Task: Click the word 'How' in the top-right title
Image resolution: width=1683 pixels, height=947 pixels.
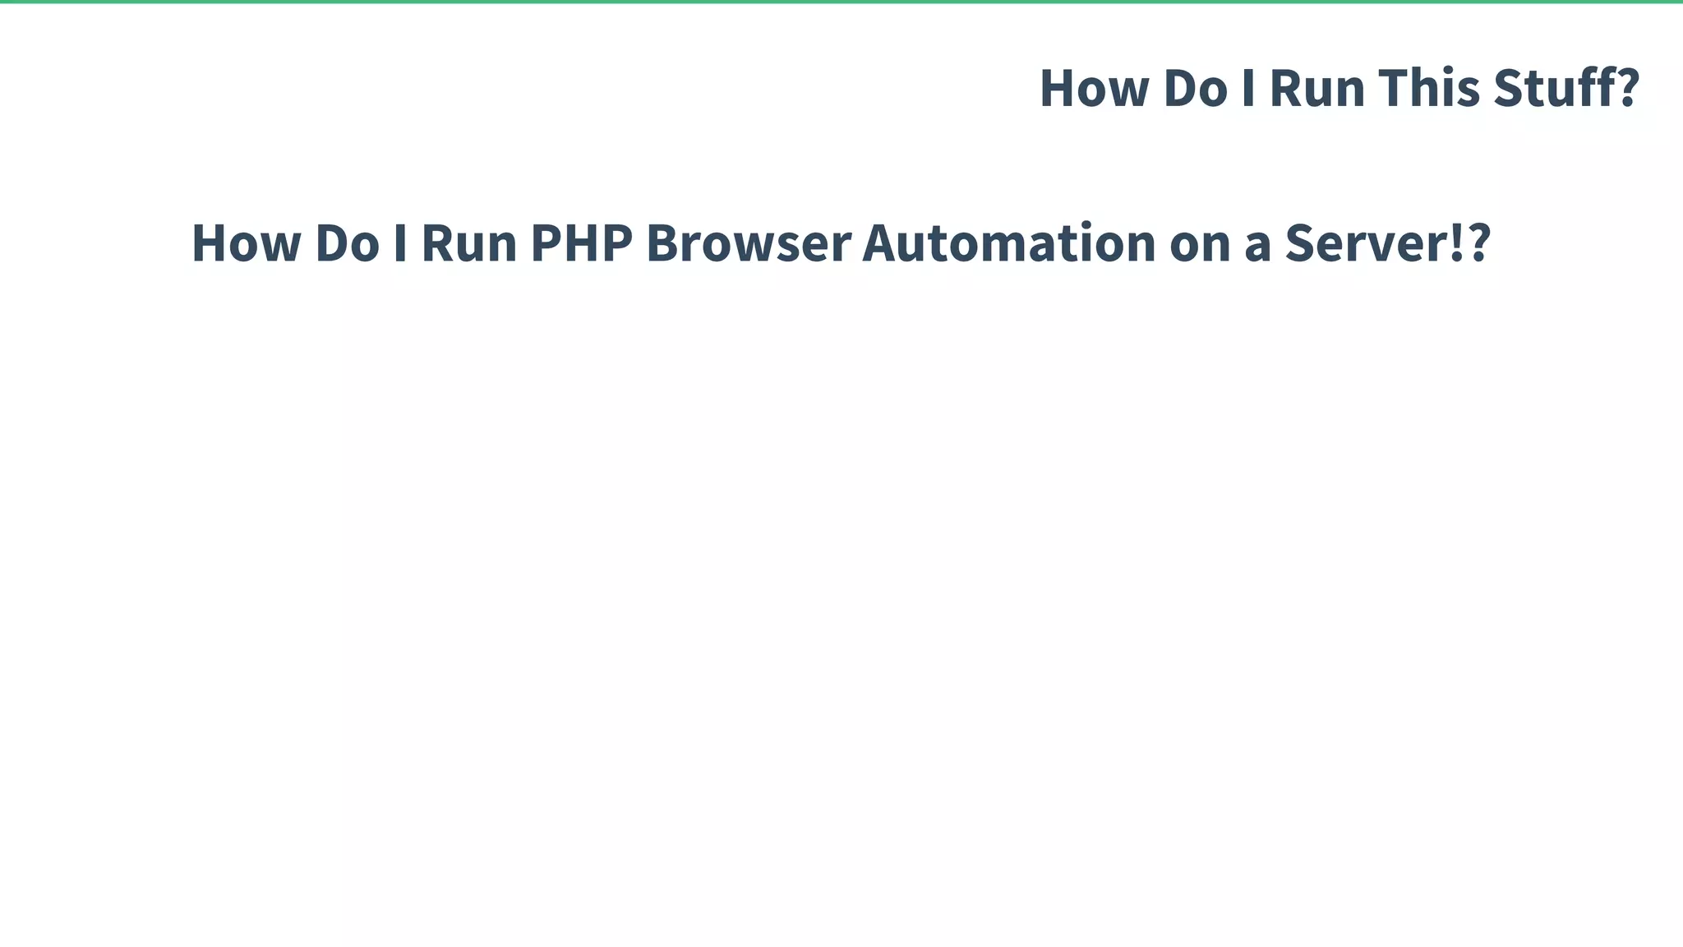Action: click(x=1094, y=88)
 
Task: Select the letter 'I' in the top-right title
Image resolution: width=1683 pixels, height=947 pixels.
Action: click(x=1248, y=88)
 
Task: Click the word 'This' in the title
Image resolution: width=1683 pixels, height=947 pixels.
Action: click(x=1429, y=88)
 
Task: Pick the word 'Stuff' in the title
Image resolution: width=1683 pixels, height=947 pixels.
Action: click(x=1544, y=88)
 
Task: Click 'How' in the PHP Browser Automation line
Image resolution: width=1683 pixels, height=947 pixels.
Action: click(x=246, y=243)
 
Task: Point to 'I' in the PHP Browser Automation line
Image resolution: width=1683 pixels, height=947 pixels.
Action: click(x=400, y=243)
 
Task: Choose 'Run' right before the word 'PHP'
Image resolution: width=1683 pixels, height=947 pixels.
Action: click(x=468, y=243)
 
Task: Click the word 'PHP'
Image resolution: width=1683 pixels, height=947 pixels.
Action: click(x=582, y=243)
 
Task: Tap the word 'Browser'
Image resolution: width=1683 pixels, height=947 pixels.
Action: click(x=748, y=243)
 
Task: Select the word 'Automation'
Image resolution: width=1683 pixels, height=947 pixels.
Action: click(x=1008, y=243)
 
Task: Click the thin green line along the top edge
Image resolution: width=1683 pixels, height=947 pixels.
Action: click(x=841, y=2)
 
